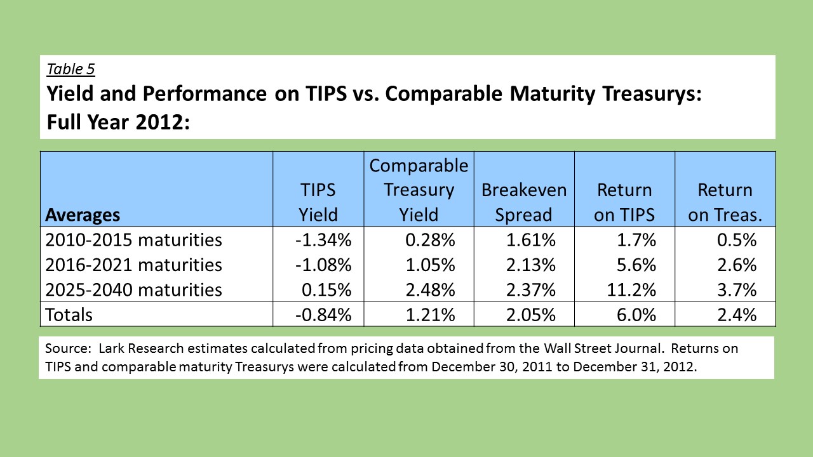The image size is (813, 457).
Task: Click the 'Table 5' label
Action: (x=71, y=69)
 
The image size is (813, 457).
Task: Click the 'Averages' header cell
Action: (x=83, y=215)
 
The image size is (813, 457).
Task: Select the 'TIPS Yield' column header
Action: (x=318, y=202)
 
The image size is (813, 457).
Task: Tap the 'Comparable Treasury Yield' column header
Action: (x=419, y=190)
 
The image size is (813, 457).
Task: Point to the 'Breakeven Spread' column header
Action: (x=524, y=202)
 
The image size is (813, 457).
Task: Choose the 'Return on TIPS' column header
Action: (x=624, y=202)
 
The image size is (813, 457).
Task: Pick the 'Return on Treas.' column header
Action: (x=725, y=202)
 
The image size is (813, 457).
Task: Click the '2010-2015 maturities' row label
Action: (x=133, y=240)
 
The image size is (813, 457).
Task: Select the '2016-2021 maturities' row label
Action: (x=133, y=265)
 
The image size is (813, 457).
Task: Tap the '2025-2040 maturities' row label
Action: (x=133, y=290)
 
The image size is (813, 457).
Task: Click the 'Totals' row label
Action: (x=69, y=314)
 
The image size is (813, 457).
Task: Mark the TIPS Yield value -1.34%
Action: (x=323, y=240)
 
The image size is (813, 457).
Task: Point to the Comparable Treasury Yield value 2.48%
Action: (x=430, y=290)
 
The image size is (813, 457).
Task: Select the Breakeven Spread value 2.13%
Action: (x=530, y=265)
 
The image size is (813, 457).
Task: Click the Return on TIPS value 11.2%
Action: (x=631, y=290)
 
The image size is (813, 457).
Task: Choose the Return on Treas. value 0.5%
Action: (x=737, y=240)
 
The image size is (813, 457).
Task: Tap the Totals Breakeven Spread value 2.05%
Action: (x=530, y=314)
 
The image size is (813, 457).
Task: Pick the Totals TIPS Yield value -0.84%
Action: (x=323, y=314)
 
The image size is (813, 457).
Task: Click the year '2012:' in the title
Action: (x=163, y=122)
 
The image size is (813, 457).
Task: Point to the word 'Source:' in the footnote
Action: (x=68, y=348)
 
